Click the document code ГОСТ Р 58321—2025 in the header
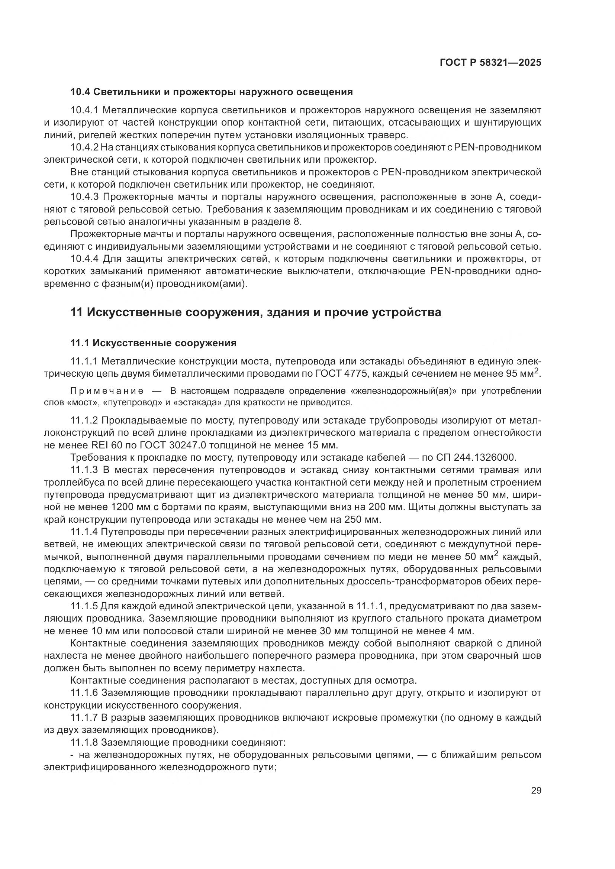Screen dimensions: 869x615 coord(490,62)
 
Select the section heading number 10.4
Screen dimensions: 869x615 coord(80,92)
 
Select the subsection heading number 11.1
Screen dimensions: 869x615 coord(80,343)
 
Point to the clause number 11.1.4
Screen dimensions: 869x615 coord(84,532)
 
